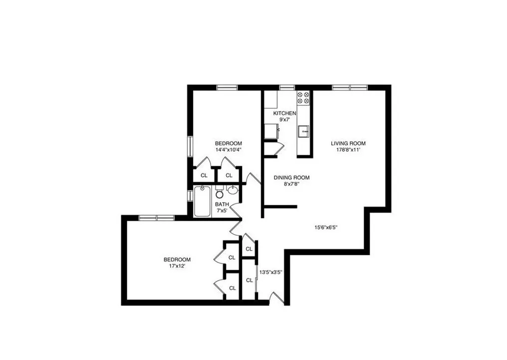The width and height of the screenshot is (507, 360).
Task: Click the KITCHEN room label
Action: click(x=284, y=113)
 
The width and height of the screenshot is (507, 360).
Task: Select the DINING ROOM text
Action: click(x=292, y=177)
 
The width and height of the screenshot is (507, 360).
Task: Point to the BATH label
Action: click(x=222, y=204)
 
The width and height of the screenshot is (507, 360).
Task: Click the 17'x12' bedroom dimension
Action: click(x=177, y=266)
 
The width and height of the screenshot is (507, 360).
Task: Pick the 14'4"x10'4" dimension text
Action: click(x=229, y=149)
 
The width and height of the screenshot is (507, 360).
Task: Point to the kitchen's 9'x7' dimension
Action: click(x=284, y=120)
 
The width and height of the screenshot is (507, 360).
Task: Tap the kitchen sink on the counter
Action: click(x=303, y=131)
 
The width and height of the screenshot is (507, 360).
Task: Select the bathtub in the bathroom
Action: click(x=202, y=201)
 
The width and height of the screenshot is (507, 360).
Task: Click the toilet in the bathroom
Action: click(x=220, y=193)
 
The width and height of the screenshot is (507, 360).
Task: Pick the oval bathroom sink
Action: click(x=233, y=190)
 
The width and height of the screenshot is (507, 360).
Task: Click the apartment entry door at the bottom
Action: click(x=276, y=298)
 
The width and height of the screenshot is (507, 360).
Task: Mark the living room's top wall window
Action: click(x=350, y=87)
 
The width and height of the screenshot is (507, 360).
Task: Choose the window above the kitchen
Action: click(x=286, y=87)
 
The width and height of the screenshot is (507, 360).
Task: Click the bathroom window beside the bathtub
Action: click(x=190, y=195)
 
